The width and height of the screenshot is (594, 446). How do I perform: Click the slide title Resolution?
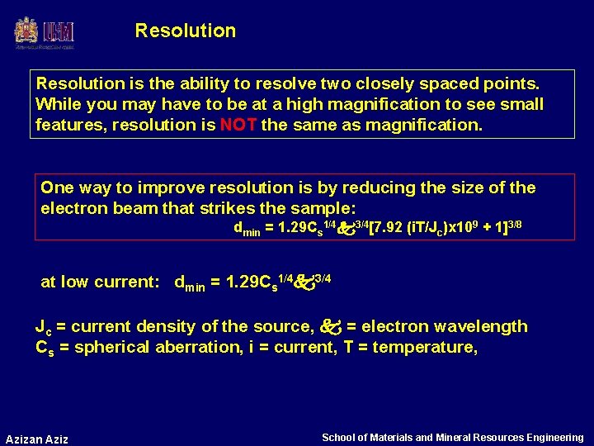point(186,31)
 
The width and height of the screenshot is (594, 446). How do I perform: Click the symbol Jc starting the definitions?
point(43,327)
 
